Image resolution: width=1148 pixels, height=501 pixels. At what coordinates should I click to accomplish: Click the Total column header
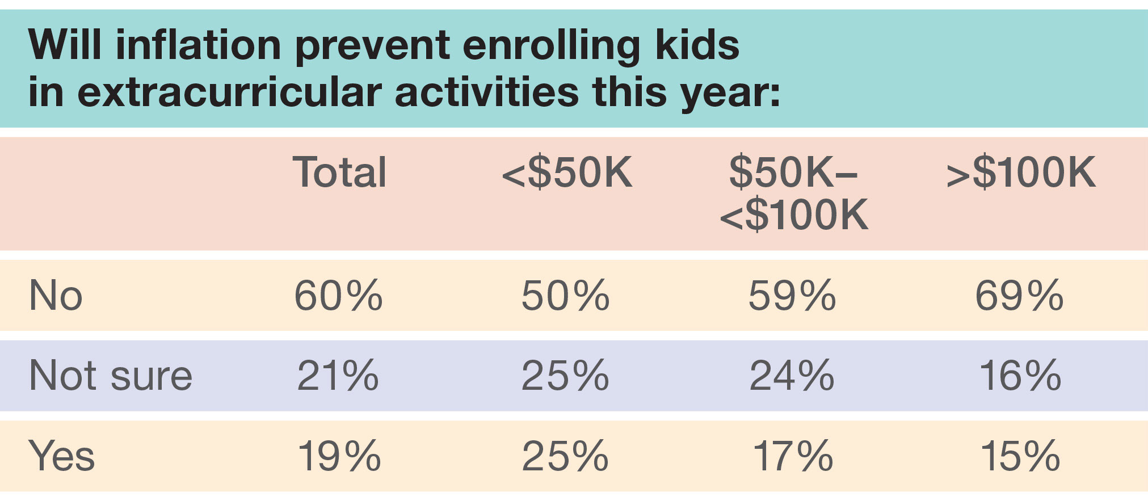coord(339,172)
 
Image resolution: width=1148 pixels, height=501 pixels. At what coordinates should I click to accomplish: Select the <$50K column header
coord(567,172)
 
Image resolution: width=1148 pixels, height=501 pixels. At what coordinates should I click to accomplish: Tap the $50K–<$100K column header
coord(793,193)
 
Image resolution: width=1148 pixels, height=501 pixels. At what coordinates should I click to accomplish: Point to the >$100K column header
coord(1021,172)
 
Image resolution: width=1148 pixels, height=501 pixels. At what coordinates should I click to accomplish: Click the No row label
coord(56,296)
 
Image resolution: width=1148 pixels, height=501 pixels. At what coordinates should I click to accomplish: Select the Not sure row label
coord(111,376)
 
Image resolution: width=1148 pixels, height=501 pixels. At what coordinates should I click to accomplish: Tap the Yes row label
coord(61,456)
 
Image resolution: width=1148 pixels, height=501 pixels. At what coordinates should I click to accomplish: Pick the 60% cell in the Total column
coord(338,296)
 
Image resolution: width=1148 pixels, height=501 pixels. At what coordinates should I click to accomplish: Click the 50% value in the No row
coord(565,296)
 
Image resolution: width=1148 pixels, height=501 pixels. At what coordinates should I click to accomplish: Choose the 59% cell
coord(792,296)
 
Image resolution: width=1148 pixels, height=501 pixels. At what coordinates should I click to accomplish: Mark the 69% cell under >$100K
coord(1019,296)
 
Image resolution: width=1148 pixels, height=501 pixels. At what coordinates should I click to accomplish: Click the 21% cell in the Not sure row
coord(338,376)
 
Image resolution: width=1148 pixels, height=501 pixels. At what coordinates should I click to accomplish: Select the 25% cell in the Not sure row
coord(565,376)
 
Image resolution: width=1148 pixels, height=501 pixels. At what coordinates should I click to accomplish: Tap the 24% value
coord(792,376)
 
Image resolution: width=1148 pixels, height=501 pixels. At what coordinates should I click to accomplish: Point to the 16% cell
coord(1020,376)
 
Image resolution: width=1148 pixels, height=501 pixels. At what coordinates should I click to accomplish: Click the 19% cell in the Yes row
coord(339,456)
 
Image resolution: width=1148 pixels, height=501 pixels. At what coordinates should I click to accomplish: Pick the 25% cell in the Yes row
coord(565,456)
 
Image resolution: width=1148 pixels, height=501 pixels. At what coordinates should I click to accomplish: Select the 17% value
coord(793,456)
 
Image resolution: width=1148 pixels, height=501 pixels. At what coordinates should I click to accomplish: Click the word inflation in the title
coord(198,45)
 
